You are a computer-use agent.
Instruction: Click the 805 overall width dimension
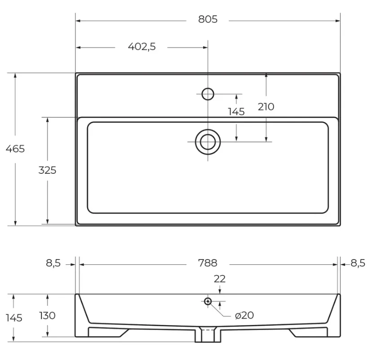(x=208, y=19)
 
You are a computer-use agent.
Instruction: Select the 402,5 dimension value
(x=142, y=47)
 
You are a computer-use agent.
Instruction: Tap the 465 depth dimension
(x=15, y=149)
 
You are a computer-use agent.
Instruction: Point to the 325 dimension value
(x=47, y=170)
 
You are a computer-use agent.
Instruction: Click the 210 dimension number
(x=266, y=107)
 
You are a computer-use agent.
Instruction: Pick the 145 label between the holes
(x=236, y=112)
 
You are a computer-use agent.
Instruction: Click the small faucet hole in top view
(x=208, y=94)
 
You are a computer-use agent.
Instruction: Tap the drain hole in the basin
(x=208, y=142)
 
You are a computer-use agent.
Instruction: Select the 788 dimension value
(x=208, y=263)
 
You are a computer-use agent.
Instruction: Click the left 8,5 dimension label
(x=53, y=263)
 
